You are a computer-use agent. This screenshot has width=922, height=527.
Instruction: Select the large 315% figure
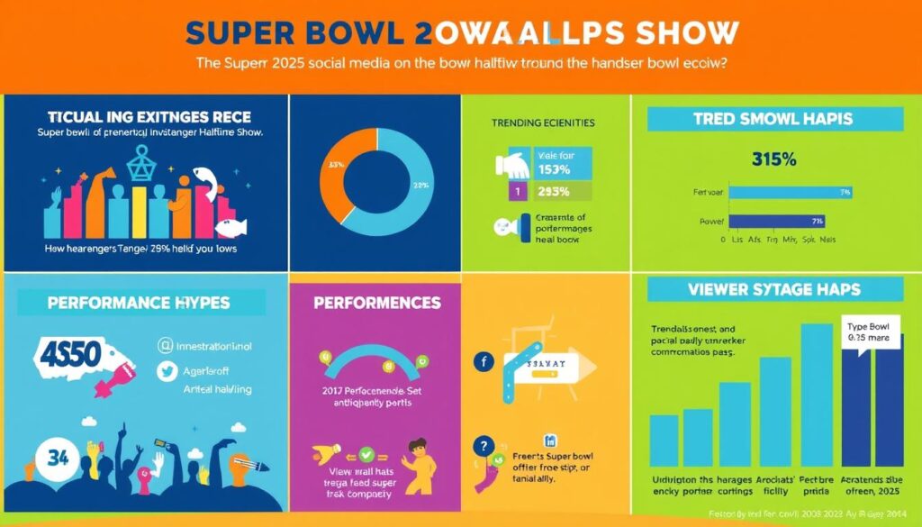pos(773,159)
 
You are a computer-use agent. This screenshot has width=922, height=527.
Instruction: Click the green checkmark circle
pos(366,454)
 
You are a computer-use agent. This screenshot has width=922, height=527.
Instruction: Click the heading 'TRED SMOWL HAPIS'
pos(773,119)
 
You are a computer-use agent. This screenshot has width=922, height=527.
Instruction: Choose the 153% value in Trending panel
pos(556,169)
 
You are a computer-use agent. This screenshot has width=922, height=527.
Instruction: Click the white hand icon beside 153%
pos(515,164)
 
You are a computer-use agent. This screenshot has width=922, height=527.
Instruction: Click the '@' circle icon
pos(165,343)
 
